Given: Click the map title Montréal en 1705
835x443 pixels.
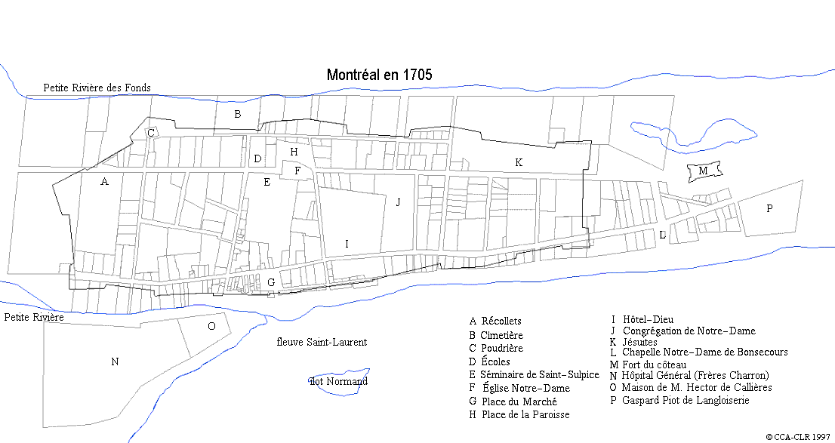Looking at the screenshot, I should [x=379, y=75].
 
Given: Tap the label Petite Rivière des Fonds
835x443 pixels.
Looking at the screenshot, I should [x=97, y=88].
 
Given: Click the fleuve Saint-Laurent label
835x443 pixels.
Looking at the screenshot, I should [x=322, y=343].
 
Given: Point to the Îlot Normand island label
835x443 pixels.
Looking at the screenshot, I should [x=339, y=381].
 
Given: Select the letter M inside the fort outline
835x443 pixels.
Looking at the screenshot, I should [x=703, y=171].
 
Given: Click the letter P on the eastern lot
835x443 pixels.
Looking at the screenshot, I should [x=769, y=209].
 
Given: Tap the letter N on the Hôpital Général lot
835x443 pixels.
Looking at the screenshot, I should [x=115, y=362].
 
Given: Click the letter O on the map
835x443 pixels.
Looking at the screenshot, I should [x=211, y=326].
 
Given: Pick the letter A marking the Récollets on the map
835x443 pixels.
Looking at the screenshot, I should [x=104, y=182].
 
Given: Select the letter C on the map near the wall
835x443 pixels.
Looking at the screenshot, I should [x=151, y=133].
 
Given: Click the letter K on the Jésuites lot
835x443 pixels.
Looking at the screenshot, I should [x=519, y=162].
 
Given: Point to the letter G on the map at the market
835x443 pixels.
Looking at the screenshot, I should [x=270, y=283].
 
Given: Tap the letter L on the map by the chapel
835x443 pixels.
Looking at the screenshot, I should [x=662, y=235].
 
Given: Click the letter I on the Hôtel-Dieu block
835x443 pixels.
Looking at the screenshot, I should [x=347, y=244].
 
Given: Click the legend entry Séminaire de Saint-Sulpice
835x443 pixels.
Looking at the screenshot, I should [x=534, y=375].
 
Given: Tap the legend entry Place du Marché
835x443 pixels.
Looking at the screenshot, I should [x=513, y=402].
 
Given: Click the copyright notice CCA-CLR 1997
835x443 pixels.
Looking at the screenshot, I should [x=799, y=437].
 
